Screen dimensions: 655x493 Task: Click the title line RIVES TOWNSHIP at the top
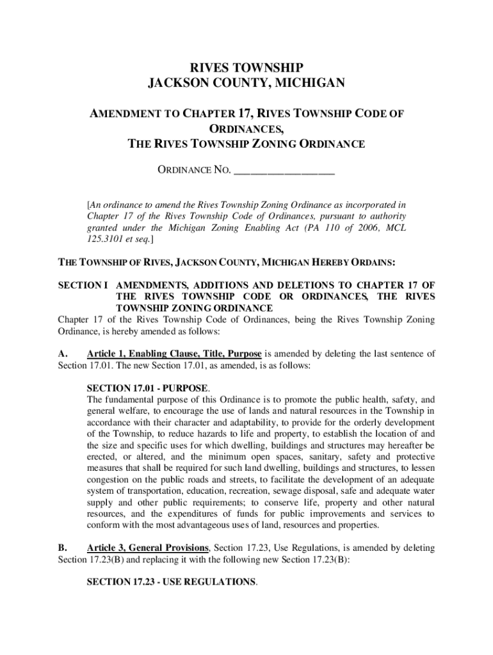click(x=247, y=67)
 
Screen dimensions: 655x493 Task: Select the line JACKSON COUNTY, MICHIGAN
click(x=247, y=83)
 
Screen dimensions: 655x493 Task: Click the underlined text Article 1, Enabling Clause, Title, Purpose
click(x=174, y=354)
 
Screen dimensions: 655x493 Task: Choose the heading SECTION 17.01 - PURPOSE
click(x=147, y=388)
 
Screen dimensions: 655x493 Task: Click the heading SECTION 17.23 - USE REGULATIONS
click(x=171, y=582)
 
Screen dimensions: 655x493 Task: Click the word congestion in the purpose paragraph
click(x=110, y=479)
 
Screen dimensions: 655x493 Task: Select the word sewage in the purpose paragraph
click(x=307, y=491)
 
